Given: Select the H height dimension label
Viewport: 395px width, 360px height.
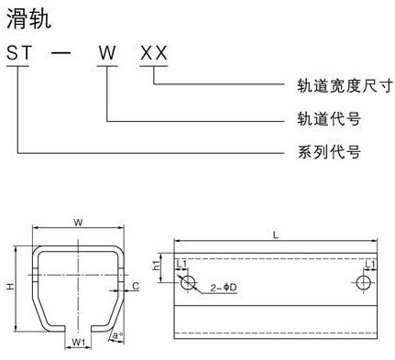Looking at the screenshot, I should [10, 288].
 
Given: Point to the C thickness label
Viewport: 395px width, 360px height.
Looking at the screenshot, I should [135, 287].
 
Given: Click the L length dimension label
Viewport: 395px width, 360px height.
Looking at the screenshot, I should [276, 237].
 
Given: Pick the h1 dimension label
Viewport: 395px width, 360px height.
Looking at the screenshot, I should [159, 267].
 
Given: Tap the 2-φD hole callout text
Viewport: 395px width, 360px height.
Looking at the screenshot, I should [225, 288].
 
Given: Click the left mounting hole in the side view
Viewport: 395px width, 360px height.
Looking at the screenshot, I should [188, 283].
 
